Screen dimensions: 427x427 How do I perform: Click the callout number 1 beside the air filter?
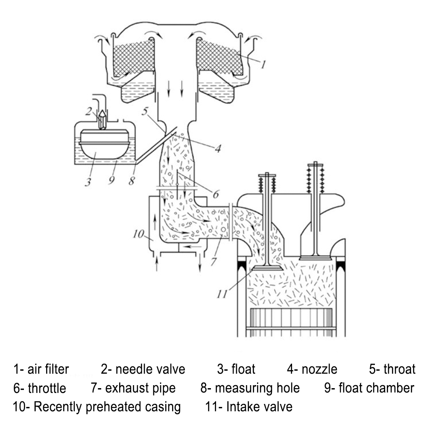[x=264, y=64]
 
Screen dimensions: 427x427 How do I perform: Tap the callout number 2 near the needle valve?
[x=88, y=112]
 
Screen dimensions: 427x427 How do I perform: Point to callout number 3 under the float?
[x=88, y=182]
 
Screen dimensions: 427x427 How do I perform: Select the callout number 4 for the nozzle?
[x=217, y=149]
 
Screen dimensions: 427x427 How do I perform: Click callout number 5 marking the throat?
[x=145, y=110]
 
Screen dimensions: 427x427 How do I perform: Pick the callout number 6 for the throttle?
[x=216, y=194]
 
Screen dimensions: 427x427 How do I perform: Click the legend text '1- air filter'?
[x=41, y=369]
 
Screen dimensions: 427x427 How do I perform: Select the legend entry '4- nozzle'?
[x=312, y=369]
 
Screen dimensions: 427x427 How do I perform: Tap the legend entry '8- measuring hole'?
[x=250, y=388]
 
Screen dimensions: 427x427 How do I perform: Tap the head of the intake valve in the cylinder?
[x=267, y=268]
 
